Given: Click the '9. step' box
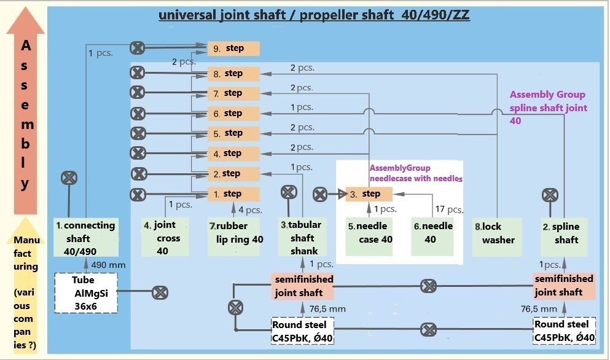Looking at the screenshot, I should tap(233, 49).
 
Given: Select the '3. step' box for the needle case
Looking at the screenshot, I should tap(369, 194).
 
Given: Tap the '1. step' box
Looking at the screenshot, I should tap(233, 194).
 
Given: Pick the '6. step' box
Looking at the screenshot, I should tap(233, 114).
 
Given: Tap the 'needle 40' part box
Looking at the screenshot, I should tap(432, 233).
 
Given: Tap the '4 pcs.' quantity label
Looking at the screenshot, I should tap(250, 209).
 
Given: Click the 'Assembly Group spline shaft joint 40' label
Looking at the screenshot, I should tap(548, 108).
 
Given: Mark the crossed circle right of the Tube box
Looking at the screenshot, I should tap(160, 292).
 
